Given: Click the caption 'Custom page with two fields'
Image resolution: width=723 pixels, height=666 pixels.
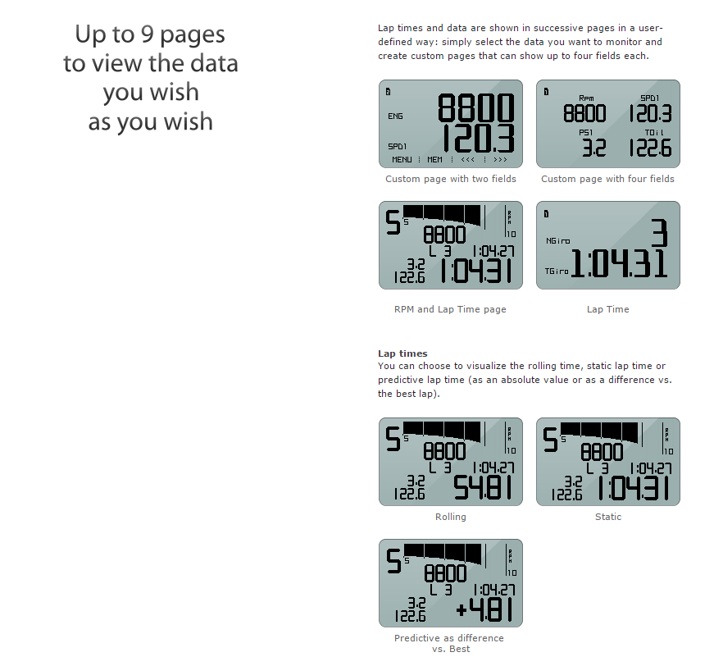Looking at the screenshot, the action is (451, 179).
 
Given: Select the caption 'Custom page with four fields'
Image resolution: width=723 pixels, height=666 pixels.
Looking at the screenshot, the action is (607, 179).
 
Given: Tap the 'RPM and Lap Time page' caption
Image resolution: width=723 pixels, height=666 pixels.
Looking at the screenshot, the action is (450, 309).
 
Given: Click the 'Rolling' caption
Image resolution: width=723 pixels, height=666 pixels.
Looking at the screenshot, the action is (451, 517).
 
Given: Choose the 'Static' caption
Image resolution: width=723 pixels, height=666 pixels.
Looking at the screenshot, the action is (608, 517).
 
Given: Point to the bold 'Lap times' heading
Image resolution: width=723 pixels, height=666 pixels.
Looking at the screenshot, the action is (402, 354).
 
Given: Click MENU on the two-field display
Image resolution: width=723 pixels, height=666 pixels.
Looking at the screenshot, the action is (402, 160).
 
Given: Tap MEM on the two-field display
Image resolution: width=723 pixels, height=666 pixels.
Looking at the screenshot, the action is (434, 160).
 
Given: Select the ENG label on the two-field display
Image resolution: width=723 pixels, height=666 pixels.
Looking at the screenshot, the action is (395, 116).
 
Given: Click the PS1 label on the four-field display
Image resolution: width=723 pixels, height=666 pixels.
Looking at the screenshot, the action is (585, 133).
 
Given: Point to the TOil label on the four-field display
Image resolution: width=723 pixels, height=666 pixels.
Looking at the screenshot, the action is (654, 133).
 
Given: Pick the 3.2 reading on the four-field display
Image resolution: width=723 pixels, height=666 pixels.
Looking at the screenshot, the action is (593, 148).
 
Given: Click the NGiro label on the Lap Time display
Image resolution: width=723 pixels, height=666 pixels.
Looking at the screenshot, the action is (558, 241).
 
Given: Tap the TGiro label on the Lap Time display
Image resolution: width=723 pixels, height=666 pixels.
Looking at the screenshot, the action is (557, 271).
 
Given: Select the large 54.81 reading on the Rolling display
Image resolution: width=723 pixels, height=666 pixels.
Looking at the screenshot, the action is (483, 488).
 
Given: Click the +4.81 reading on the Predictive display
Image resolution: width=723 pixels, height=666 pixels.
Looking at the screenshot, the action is (484, 609).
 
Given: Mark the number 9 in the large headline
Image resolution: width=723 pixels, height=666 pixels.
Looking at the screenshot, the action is (148, 34).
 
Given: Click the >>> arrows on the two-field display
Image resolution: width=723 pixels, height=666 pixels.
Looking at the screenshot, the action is (500, 160).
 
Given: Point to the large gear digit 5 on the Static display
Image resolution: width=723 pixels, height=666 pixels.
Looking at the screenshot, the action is (550, 440).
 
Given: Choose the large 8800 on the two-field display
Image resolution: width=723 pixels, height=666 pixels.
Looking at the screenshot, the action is (475, 107).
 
